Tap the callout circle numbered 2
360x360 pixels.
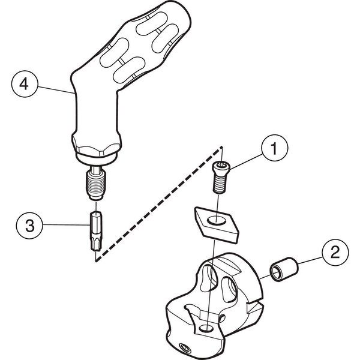pyautogui.click(x=334, y=253)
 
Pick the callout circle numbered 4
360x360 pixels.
pyautogui.click(x=23, y=85)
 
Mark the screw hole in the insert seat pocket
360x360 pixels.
pyautogui.click(x=206, y=328)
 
